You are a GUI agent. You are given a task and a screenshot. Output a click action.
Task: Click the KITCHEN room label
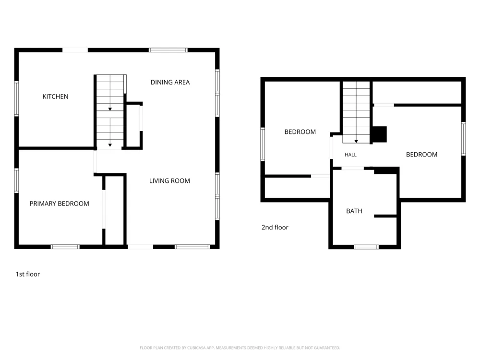(x=55, y=96)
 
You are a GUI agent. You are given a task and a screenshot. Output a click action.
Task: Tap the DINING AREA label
(x=170, y=82)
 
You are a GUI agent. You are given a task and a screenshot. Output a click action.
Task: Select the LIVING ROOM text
(x=169, y=180)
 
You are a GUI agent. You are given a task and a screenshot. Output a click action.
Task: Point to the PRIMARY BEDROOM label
(x=60, y=204)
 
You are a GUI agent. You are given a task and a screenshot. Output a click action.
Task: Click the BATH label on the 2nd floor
(x=354, y=211)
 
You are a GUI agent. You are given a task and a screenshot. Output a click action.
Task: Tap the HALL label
(x=350, y=155)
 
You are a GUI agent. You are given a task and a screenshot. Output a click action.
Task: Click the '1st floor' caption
(x=28, y=274)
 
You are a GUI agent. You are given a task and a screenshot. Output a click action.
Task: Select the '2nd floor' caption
(x=275, y=227)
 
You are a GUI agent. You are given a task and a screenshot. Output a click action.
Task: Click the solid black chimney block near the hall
(x=380, y=134)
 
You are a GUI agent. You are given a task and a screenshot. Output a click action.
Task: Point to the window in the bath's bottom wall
(x=366, y=247)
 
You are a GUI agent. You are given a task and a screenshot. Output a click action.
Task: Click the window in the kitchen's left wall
(x=16, y=98)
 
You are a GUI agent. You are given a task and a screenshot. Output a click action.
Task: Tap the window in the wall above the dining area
(x=168, y=50)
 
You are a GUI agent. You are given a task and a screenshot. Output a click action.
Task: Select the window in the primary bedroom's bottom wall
(x=65, y=247)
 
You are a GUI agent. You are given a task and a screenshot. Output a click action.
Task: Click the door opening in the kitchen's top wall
(x=75, y=50)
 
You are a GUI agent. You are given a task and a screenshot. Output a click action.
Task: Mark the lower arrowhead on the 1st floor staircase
(x=110, y=145)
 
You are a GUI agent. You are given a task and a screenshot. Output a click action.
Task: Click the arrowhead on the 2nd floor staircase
(x=356, y=142)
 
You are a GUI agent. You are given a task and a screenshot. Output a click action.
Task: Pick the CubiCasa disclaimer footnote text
(x=240, y=348)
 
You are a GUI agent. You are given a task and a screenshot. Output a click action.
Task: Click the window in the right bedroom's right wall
(x=464, y=139)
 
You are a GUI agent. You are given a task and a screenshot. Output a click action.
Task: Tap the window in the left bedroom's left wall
(x=263, y=144)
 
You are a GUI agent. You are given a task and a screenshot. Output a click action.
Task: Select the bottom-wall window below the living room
(x=192, y=247)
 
